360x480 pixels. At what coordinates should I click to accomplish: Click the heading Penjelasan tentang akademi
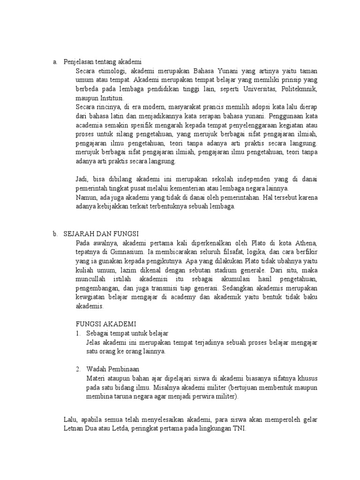pyautogui.click(x=103, y=62)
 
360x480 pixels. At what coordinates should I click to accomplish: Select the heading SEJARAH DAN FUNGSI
pyautogui.click(x=101, y=234)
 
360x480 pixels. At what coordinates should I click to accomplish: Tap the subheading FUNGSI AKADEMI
pyautogui.click(x=106, y=324)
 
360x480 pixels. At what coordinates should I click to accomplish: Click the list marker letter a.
pyautogui.click(x=55, y=62)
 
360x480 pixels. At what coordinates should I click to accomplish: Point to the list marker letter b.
pyautogui.click(x=55, y=234)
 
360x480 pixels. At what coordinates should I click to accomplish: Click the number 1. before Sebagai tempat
pyautogui.click(x=78, y=333)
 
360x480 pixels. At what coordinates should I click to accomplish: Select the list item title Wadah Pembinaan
pyautogui.click(x=113, y=369)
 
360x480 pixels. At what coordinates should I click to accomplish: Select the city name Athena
pyautogui.click(x=306, y=243)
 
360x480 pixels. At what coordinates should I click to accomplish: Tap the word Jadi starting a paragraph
pyautogui.click(x=82, y=179)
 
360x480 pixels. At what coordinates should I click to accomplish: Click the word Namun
pyautogui.click(x=86, y=197)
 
